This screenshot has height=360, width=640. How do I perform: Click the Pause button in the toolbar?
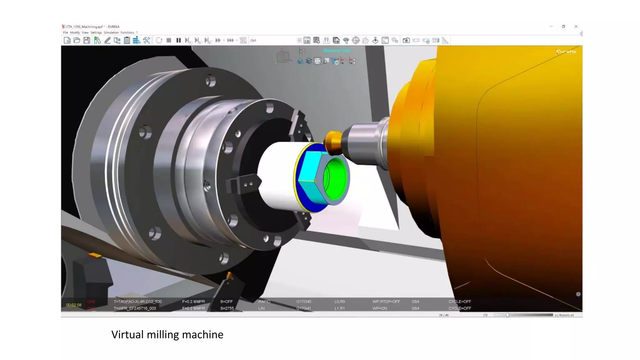[178, 40]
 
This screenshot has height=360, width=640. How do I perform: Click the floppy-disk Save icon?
[87, 40]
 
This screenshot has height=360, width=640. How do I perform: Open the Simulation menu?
[111, 32]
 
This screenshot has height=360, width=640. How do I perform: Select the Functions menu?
[127, 32]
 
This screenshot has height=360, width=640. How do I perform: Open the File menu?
[66, 32]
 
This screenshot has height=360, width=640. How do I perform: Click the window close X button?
[576, 27]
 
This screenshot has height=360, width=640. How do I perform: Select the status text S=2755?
[227, 308]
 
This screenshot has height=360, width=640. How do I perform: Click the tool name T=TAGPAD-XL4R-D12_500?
[138, 302]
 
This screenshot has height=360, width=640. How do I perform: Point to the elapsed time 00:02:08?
[74, 305]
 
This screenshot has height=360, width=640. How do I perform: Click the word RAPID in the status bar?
[264, 302]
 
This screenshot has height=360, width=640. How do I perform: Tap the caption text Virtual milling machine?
[167, 335]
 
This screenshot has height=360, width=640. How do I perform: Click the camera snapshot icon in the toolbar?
[406, 40]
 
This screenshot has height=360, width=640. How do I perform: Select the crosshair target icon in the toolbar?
[356, 40]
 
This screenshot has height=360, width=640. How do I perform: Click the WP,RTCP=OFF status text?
[386, 302]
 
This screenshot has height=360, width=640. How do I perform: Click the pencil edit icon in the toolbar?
[107, 40]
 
